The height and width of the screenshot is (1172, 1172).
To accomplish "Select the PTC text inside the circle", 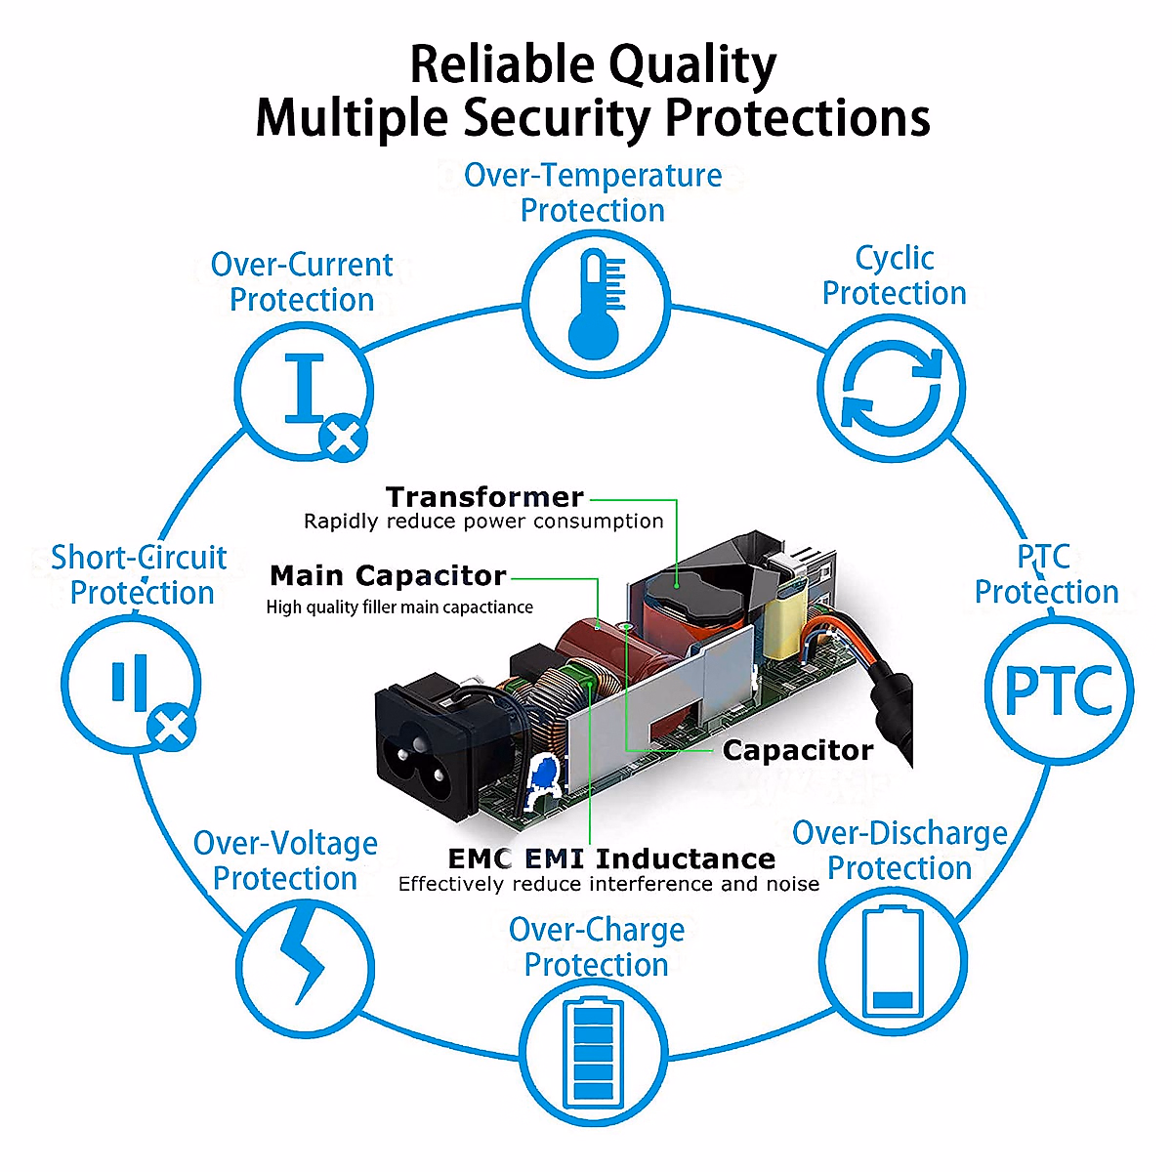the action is (x=1059, y=691).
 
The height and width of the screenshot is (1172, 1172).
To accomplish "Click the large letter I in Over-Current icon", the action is (x=304, y=388).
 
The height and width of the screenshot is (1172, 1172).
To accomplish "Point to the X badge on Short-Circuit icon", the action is (x=172, y=728).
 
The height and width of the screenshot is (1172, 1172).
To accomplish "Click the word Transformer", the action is (x=484, y=497).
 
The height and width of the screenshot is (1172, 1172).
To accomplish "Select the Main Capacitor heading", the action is (x=388, y=575).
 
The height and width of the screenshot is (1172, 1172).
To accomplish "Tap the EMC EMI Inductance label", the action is (x=611, y=858).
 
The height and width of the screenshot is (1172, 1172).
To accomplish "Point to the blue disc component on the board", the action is (x=545, y=774).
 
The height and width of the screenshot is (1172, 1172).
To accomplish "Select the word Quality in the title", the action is (x=692, y=65).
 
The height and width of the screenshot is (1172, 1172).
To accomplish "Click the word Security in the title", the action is (x=557, y=117).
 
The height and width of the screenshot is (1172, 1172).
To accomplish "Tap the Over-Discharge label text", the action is (x=900, y=833).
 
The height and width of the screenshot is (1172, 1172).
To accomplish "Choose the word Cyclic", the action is (x=894, y=259).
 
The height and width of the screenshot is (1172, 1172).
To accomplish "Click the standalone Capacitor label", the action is (x=798, y=750).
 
